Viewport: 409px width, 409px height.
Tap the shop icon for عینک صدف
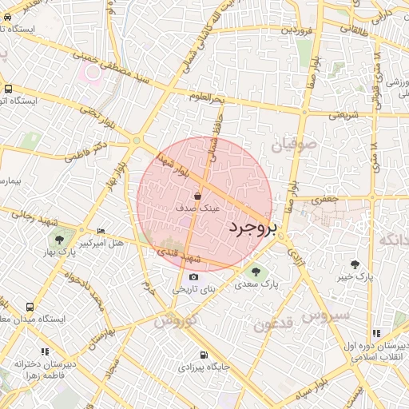click(198, 195)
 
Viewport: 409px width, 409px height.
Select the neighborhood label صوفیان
click(294, 146)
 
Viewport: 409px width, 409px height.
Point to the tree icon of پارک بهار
click(59, 239)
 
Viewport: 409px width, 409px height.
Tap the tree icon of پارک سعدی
click(255, 272)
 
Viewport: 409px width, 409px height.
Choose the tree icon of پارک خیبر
click(355, 264)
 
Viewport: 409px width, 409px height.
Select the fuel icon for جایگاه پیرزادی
click(203, 355)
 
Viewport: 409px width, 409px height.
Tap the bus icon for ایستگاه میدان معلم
click(30, 307)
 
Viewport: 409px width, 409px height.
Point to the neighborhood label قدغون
click(276, 323)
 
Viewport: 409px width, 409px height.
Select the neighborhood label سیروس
click(327, 316)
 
